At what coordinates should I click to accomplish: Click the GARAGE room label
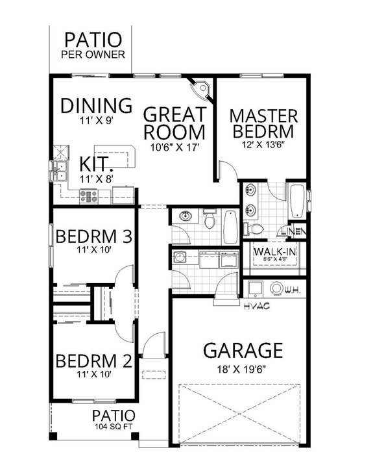(x=243, y=351)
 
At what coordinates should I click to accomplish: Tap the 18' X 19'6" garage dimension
(x=243, y=368)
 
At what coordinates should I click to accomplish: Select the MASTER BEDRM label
(x=264, y=123)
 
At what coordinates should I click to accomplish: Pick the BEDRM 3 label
(x=95, y=234)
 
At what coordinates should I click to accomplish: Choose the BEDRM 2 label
(x=95, y=360)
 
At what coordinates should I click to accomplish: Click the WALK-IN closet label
(x=272, y=251)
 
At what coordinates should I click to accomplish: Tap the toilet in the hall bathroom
(x=208, y=221)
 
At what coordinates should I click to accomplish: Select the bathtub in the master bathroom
(x=296, y=203)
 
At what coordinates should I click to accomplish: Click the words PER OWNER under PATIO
(x=93, y=55)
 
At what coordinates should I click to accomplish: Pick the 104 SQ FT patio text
(x=114, y=427)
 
